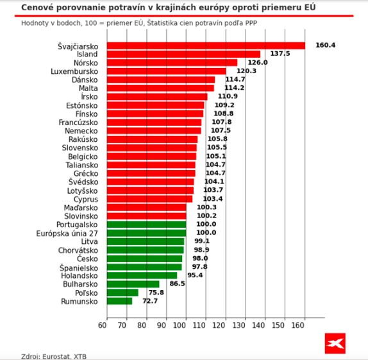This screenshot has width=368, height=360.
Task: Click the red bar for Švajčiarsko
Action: [x=205, y=46]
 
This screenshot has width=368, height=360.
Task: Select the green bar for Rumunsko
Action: [x=119, y=301]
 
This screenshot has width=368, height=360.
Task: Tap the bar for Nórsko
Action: [x=172, y=63]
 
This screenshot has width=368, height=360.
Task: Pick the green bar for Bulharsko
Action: [x=133, y=284]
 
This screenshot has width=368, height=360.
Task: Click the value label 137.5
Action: [x=280, y=54]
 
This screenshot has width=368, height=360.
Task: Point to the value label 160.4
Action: [x=325, y=46]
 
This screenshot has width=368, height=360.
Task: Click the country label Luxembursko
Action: [x=74, y=71]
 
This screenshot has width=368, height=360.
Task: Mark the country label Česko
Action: [x=87, y=258]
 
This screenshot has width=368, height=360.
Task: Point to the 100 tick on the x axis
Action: [x=186, y=326]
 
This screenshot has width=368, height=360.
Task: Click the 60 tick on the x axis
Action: [x=106, y=326]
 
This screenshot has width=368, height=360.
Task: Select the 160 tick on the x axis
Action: [x=305, y=326]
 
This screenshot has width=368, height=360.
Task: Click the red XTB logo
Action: [x=334, y=343]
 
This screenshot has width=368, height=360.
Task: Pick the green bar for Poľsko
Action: [x=122, y=293]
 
